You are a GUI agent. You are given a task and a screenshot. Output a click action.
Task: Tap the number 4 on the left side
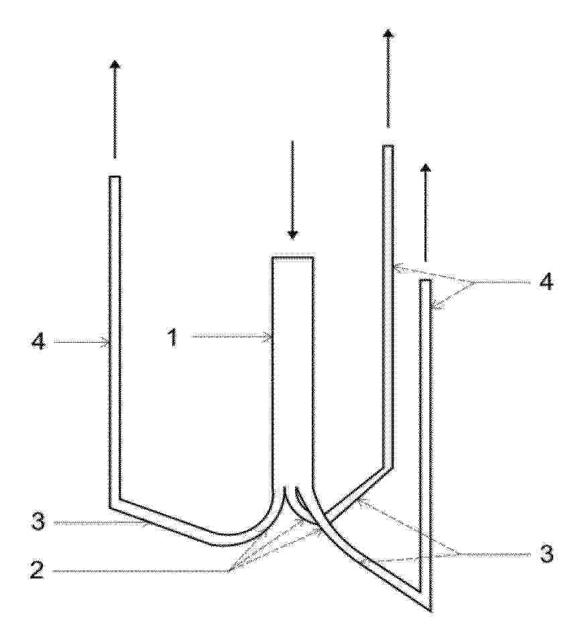tap(38, 342)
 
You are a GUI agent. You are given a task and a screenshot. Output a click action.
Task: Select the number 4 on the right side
tap(544, 282)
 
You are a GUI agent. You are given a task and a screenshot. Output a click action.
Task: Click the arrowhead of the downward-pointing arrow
tap(293, 234)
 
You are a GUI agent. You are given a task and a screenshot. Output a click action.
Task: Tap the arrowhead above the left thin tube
tap(115, 64)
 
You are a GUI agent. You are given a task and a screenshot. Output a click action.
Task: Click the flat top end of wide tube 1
tap(293, 257)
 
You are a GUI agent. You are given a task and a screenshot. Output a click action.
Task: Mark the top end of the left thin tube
tap(115, 177)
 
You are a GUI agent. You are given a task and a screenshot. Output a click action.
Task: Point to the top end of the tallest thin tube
tap(388, 146)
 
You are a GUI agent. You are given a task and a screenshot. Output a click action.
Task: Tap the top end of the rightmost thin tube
tap(425, 280)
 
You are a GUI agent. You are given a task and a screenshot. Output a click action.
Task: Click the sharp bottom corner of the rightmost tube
tap(430, 612)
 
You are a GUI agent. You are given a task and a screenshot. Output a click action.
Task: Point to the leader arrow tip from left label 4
tap(107, 342)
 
